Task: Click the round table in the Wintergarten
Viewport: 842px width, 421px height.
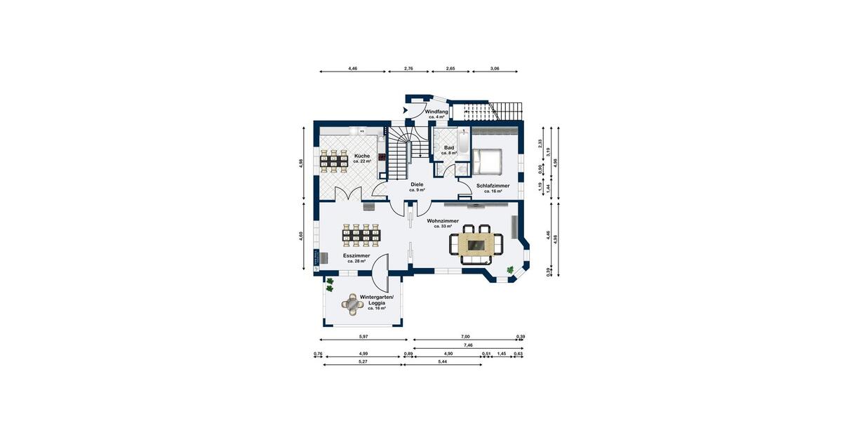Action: (350, 304)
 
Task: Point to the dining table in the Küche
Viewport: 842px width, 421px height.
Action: (334, 161)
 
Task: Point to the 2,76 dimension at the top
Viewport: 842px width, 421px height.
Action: (408, 69)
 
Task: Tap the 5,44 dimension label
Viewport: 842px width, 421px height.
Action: (443, 362)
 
